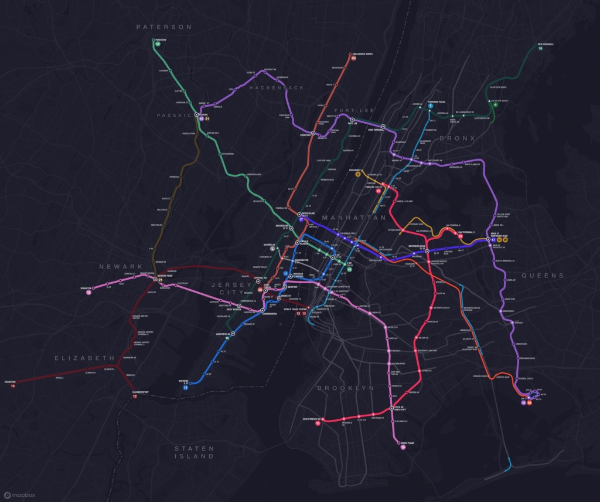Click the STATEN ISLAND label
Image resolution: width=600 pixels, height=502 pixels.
coord(194,452)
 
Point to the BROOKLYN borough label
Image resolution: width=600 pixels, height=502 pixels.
coord(345,388)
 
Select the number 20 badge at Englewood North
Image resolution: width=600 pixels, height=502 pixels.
coord(353,58)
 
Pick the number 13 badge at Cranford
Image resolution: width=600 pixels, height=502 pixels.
coord(13,386)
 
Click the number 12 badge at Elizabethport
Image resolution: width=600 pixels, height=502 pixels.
coord(135,396)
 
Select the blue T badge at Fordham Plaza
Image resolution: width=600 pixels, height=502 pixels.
coord(430,106)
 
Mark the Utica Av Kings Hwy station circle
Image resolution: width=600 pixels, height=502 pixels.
coord(391,409)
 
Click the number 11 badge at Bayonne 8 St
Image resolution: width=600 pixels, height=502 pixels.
coord(186,388)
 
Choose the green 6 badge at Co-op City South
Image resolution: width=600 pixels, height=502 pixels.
coord(495,105)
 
